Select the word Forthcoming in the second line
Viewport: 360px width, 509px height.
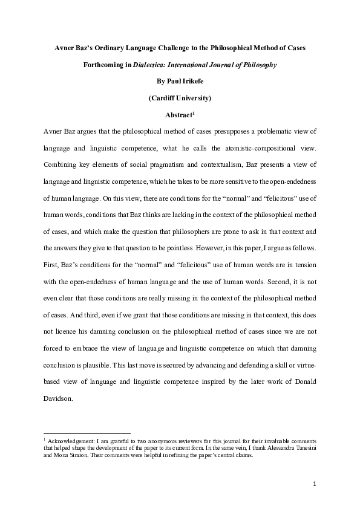(x=103, y=65)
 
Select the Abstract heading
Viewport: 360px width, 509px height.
(x=178, y=114)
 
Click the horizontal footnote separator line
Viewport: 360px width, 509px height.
(x=85, y=433)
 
